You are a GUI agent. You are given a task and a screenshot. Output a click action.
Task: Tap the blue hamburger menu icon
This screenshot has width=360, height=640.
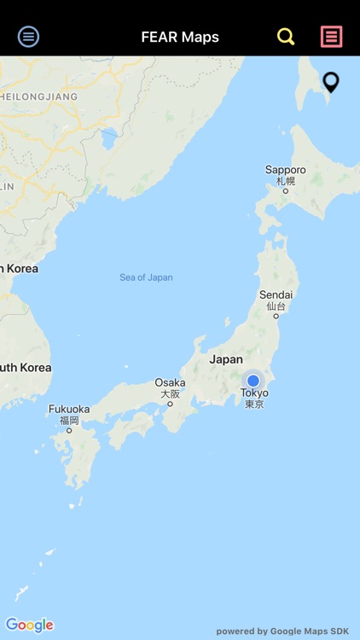point(29,36)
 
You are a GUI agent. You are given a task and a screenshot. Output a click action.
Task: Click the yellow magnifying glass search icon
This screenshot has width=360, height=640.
point(286,37)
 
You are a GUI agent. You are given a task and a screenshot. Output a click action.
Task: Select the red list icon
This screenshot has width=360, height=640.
point(331,36)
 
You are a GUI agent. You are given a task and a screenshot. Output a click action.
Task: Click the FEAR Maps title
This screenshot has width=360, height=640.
point(180,37)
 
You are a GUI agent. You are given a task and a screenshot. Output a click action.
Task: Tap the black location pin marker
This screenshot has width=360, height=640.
point(331,82)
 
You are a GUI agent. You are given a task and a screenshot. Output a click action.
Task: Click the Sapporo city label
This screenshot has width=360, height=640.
point(285,170)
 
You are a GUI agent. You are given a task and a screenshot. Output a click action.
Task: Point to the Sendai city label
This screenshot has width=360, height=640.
point(276,295)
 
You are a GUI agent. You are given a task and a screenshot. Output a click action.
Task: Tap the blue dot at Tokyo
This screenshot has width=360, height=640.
point(253,381)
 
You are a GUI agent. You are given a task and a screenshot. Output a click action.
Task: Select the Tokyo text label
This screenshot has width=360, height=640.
point(254,393)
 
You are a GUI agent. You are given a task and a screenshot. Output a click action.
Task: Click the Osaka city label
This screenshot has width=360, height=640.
point(170,383)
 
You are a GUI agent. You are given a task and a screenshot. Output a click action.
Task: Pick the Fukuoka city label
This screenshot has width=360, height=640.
point(69,409)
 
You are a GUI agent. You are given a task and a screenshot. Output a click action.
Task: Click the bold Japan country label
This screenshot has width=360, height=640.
point(226,359)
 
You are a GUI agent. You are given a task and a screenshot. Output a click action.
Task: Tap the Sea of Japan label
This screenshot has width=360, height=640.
point(146,277)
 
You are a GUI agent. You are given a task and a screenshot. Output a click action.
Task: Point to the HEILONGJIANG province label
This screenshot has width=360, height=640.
point(38,96)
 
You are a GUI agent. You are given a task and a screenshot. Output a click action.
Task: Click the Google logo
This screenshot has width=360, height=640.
point(29,625)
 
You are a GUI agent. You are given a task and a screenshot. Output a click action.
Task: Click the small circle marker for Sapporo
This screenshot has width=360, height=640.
point(286,190)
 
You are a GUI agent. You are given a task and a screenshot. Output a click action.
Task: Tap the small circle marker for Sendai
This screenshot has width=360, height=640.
point(276,316)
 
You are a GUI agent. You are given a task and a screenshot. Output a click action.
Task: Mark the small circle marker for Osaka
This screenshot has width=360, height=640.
point(170,404)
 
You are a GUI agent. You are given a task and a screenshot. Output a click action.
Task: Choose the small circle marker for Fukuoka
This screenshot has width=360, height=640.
point(69,430)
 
